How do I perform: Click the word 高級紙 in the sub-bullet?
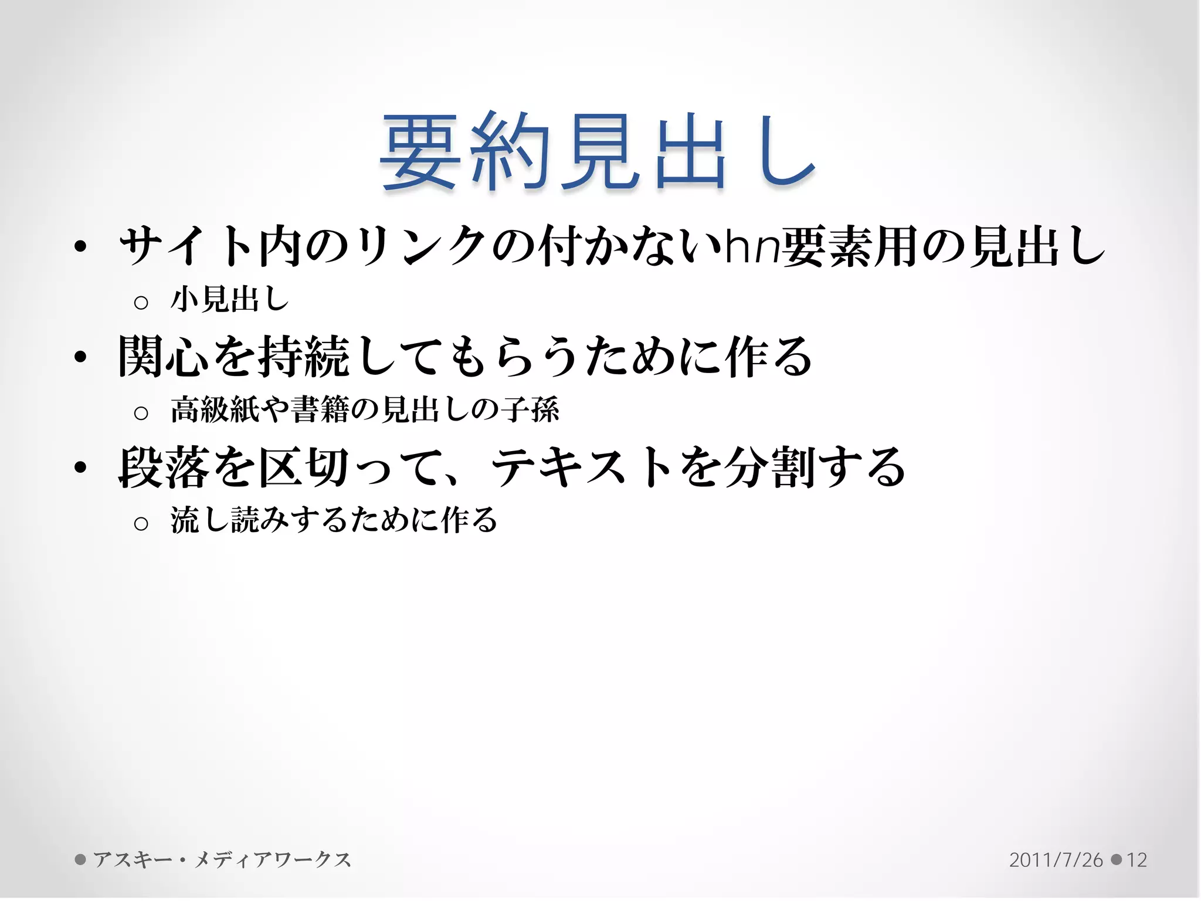coord(215,409)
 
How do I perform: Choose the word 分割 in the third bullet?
coord(769,468)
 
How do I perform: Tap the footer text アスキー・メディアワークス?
coord(222,859)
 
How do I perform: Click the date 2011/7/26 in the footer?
coord(1056,860)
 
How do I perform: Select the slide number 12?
coord(1136,860)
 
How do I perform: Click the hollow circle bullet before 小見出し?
coord(141,303)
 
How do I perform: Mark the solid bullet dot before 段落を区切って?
coord(81,468)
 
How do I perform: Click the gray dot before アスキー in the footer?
coord(80,859)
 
